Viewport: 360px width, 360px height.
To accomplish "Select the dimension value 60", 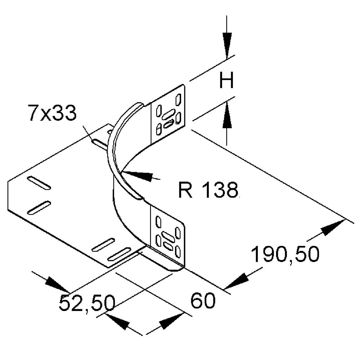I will pos(203,301).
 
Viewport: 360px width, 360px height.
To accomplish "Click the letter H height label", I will pos(227,81).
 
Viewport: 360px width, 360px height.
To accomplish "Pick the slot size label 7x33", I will pos(52,114).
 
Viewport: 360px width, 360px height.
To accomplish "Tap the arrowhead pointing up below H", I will pos(227,117).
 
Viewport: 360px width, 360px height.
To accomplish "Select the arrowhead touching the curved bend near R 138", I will pos(139,175).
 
